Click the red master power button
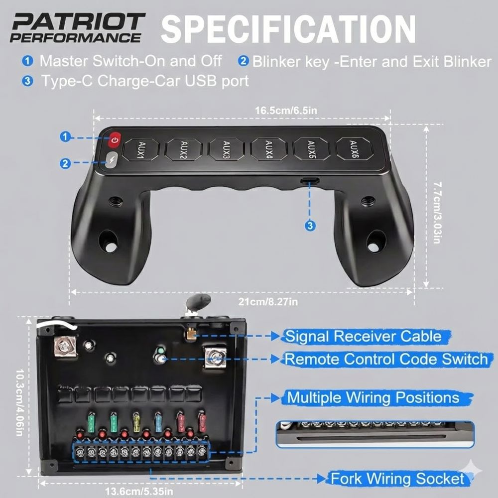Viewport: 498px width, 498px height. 115,140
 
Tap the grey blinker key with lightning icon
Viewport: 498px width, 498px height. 112,160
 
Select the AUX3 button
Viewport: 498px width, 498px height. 226,148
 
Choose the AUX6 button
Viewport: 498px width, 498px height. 354,148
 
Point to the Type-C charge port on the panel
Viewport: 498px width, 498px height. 310,181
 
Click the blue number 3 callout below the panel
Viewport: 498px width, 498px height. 310,226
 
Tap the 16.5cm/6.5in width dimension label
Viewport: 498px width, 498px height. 286,110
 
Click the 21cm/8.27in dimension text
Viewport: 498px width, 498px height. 268,301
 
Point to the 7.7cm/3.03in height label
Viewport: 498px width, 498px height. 438,213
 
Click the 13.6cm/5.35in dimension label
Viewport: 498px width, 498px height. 139,492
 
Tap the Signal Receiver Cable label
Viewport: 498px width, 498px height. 364,336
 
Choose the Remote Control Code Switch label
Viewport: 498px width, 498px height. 386,359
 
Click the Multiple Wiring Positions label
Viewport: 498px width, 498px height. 373,397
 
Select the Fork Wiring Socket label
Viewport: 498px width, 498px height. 397,479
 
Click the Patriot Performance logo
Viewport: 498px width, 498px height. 78,27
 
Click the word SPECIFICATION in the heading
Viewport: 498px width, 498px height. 288,28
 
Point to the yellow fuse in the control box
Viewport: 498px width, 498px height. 136,421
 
